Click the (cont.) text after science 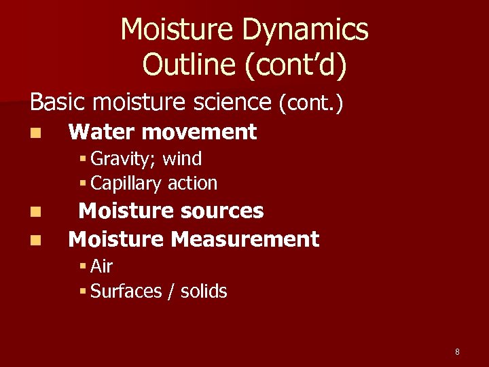[x=310, y=103]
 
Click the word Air [x=101, y=266]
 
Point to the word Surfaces [x=126, y=292]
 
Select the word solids [x=204, y=292]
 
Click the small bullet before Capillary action [x=82, y=183]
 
